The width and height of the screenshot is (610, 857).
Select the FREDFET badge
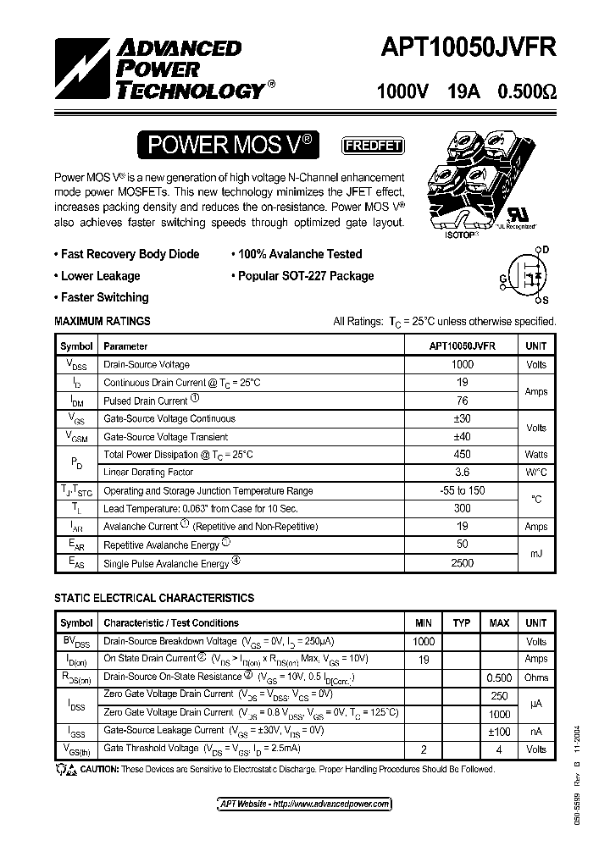point(372,146)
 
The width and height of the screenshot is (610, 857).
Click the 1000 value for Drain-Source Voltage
point(462,364)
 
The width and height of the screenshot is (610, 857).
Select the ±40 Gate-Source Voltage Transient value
point(462,436)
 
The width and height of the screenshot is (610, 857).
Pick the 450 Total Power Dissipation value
point(462,455)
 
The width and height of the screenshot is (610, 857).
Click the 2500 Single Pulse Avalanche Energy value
point(462,562)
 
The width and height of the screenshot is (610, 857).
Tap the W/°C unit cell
point(535,473)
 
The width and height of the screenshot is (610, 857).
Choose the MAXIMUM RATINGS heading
point(103,322)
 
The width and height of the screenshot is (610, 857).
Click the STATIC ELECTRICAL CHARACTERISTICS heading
point(154,598)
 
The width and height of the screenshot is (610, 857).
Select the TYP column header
point(462,623)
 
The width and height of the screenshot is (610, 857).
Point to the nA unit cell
point(535,731)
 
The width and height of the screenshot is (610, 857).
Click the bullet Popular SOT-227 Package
point(302,276)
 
